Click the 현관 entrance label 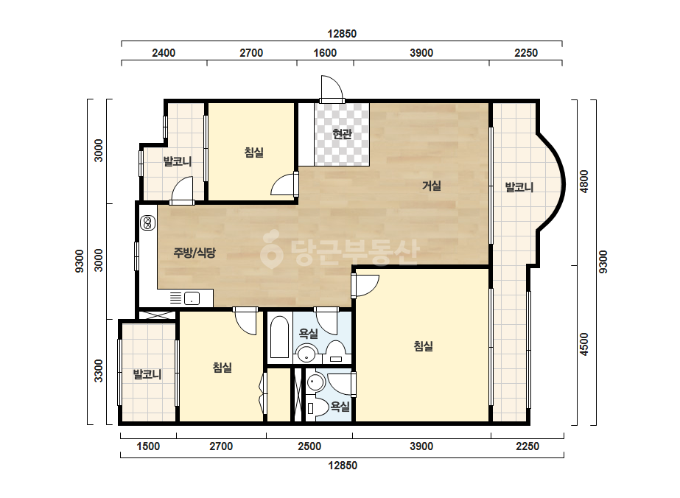tap(342, 133)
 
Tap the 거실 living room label tap(432, 186)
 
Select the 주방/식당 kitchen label tap(194, 253)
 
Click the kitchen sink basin tap(192, 298)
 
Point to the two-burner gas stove tap(148, 223)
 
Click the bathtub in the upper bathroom tap(280, 337)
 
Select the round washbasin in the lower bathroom tap(316, 382)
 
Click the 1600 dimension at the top tap(325, 53)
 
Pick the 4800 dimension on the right tap(584, 182)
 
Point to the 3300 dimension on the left tap(99, 371)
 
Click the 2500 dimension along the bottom tap(309, 446)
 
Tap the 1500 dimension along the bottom tap(148, 446)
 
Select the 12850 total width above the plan tap(342, 34)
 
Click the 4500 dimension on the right tap(584, 345)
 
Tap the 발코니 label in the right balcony tap(519, 187)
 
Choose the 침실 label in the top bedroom tap(253, 152)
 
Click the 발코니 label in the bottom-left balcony tap(147, 374)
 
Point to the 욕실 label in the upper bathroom tap(309, 334)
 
